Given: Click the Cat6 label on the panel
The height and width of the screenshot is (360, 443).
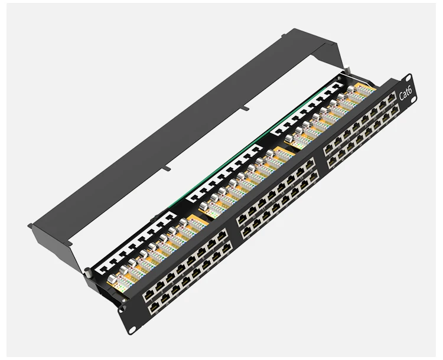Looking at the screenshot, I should point(406,93).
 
